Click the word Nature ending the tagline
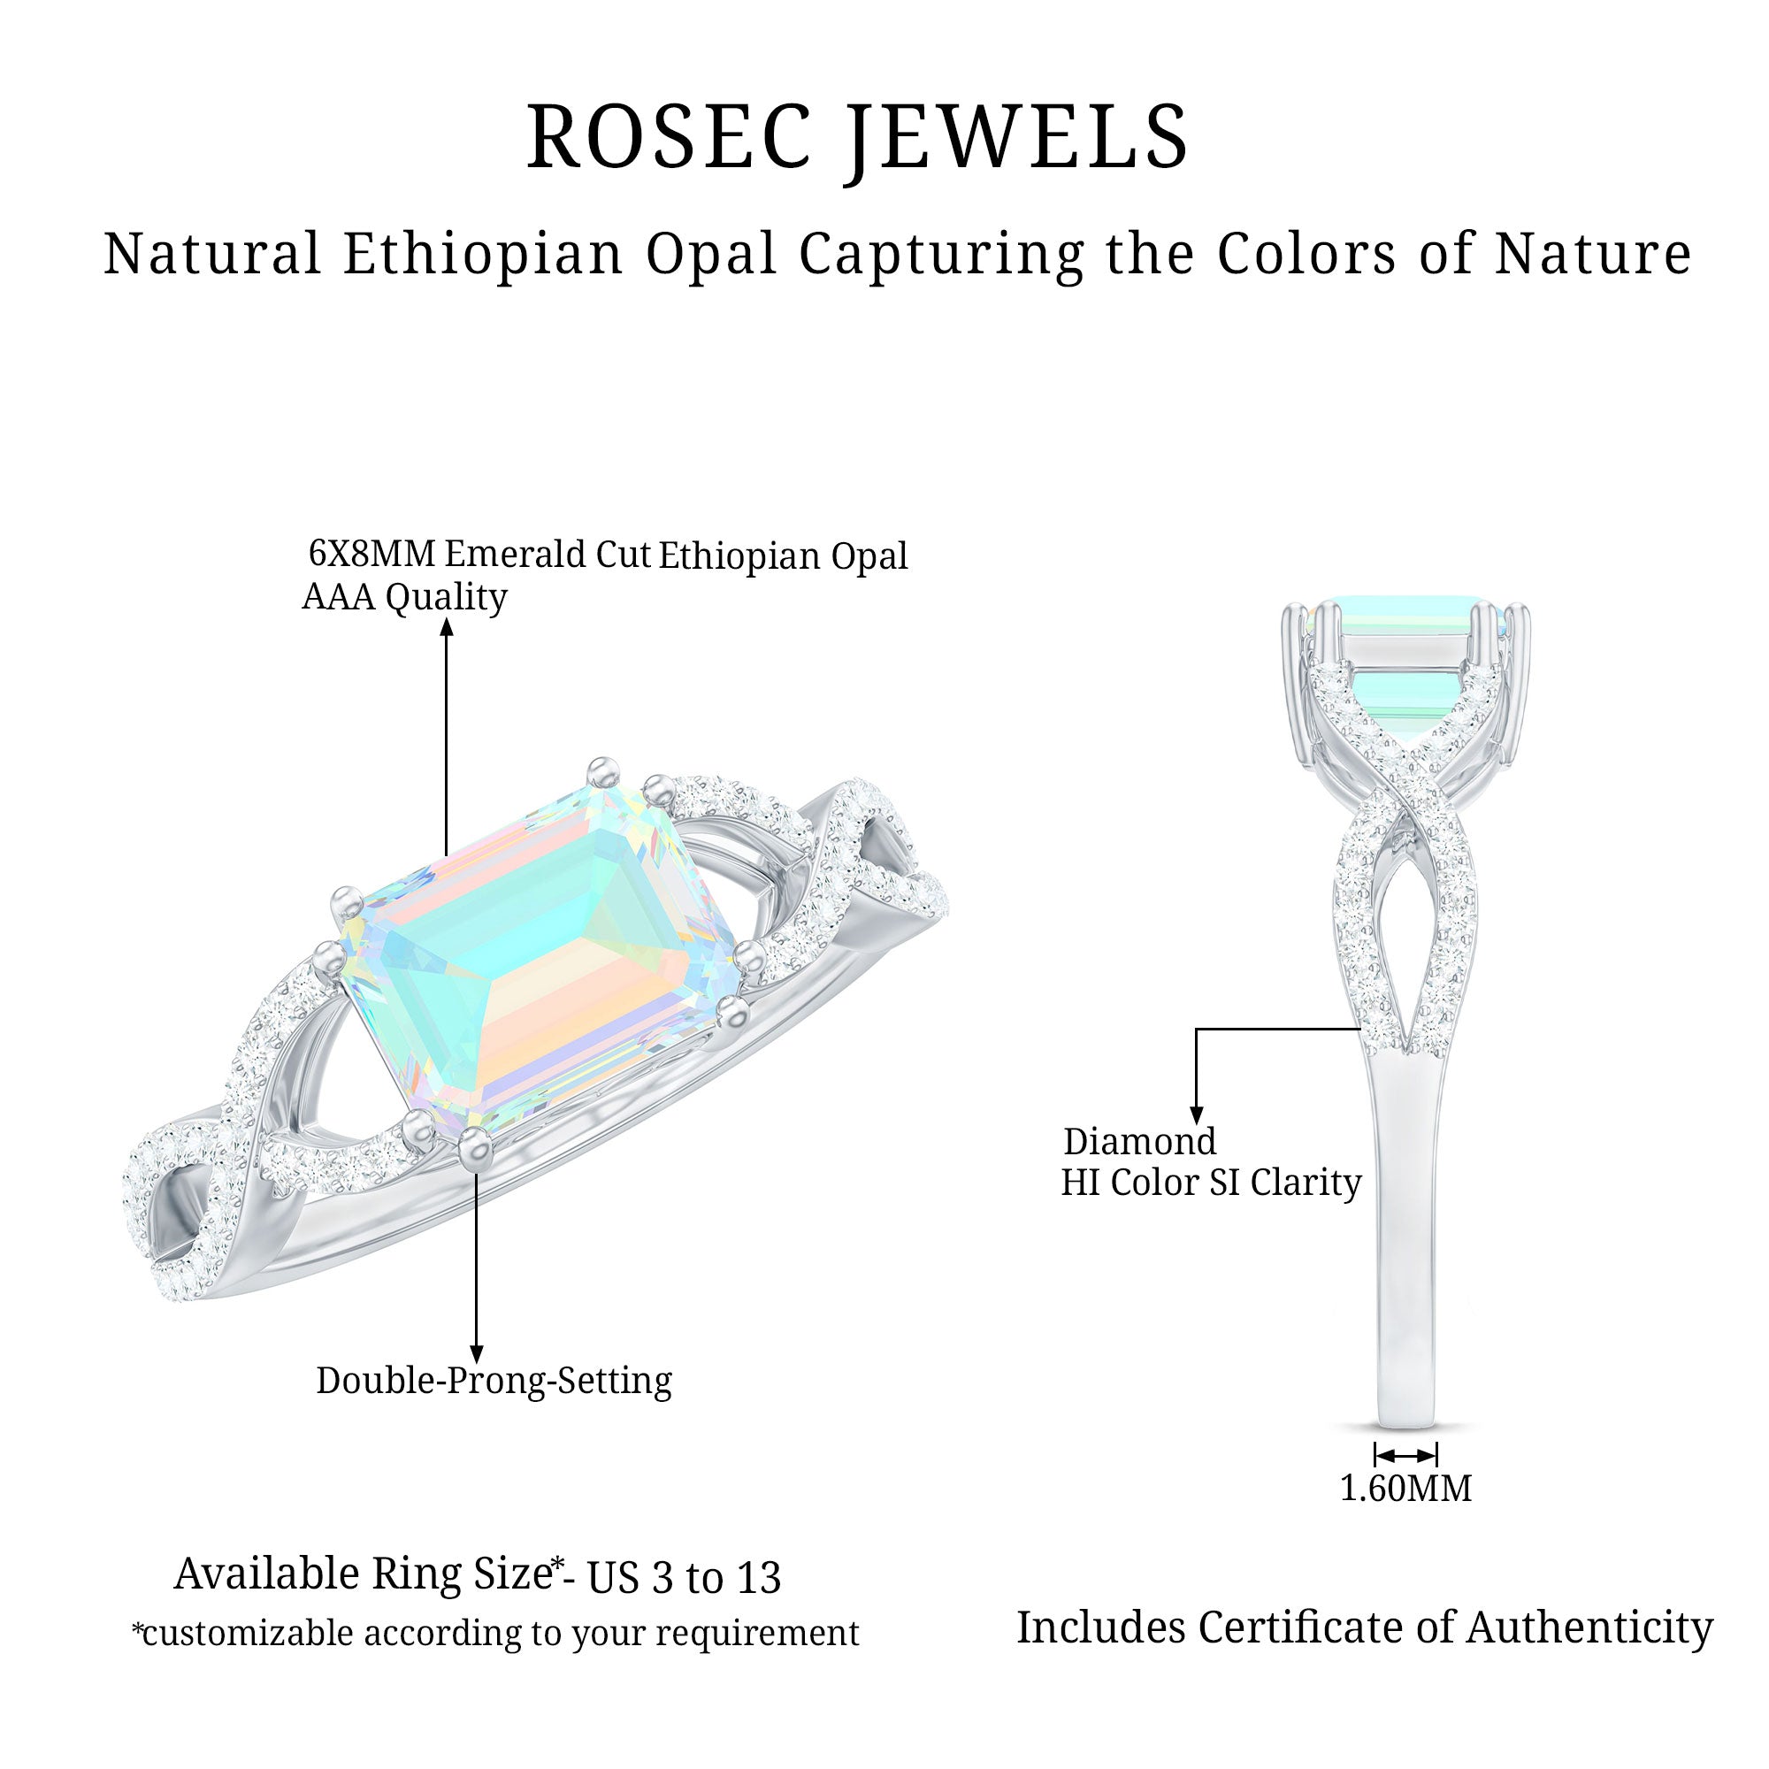[x=1593, y=254]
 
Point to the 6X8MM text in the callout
[x=371, y=554]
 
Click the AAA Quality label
[x=405, y=597]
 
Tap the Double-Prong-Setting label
[x=494, y=1380]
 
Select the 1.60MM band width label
[x=1405, y=1488]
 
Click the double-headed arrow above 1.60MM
[x=1405, y=1455]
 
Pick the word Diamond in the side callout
[x=1140, y=1142]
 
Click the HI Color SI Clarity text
[x=1211, y=1183]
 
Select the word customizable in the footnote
[x=248, y=1633]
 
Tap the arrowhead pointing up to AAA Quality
[x=447, y=626]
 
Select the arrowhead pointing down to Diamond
[x=1196, y=1115]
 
